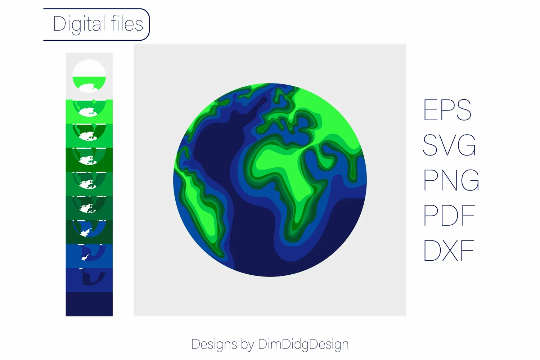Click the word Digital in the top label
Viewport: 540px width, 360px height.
point(79,24)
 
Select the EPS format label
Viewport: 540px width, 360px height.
point(447,110)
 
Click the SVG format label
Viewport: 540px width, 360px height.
point(449,145)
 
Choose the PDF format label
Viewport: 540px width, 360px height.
point(449,215)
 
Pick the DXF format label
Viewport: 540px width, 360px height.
point(449,250)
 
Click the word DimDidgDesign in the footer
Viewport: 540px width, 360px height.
point(303,345)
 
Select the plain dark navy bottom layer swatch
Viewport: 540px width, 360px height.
point(89,304)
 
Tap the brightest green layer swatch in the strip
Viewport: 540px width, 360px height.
point(89,111)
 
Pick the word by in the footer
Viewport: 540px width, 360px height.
point(247,345)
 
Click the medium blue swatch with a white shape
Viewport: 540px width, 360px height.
point(89,256)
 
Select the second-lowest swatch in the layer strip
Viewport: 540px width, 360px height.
point(89,280)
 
